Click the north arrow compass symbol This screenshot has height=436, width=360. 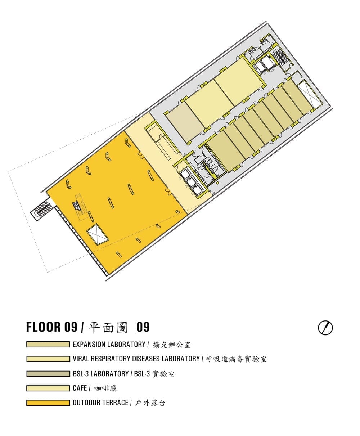point(325,328)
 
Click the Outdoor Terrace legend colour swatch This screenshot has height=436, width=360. point(48,403)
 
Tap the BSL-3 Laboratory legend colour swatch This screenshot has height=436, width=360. point(48,374)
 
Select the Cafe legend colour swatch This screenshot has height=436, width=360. point(48,388)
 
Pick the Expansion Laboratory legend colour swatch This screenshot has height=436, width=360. point(48,344)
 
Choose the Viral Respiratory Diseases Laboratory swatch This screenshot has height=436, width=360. point(48,359)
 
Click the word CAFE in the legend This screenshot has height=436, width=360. point(80,388)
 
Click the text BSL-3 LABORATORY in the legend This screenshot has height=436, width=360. point(101,374)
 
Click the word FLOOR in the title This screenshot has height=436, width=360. point(44,327)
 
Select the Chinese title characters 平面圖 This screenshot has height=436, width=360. point(107,327)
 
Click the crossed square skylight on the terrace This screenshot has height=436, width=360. point(98,234)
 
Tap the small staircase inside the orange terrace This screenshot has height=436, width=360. point(77,206)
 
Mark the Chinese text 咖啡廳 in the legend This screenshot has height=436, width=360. point(105,388)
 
